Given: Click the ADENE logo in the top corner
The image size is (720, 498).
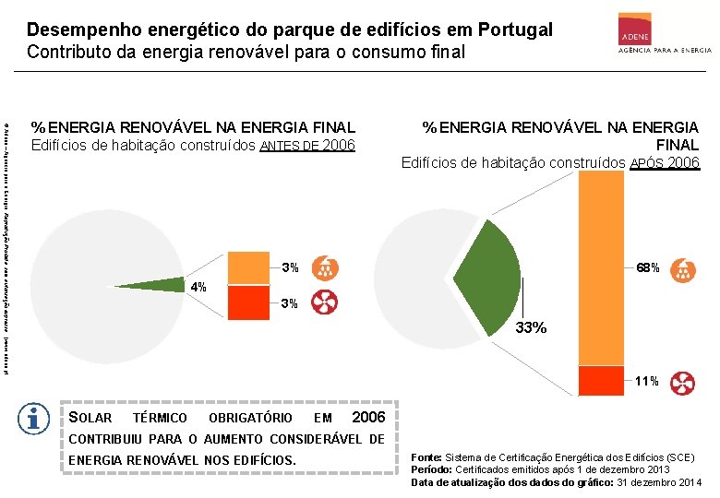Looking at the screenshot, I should [x=658, y=35].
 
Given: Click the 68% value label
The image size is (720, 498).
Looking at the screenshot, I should [x=646, y=268].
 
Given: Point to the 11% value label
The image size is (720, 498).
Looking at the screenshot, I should [x=646, y=381].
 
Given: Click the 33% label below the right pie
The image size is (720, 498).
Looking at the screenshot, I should [x=531, y=327].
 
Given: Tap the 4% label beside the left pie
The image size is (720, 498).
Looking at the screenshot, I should [x=198, y=287].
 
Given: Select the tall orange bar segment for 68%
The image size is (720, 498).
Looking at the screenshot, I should [x=601, y=267].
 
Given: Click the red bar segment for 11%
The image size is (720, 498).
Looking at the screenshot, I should [x=601, y=380].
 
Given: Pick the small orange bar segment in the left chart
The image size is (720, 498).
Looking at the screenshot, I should [x=246, y=268].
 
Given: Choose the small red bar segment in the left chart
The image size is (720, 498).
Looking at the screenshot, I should [x=246, y=302].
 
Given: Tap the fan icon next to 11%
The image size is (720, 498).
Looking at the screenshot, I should [x=684, y=382].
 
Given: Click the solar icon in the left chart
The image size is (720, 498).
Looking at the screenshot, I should [x=325, y=268].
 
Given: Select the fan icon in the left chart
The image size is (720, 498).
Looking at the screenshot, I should [x=325, y=302].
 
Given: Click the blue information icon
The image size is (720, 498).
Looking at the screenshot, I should [x=34, y=419].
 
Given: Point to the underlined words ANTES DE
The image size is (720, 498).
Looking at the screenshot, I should [x=290, y=146].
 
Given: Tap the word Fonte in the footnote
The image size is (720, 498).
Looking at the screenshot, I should [x=426, y=457].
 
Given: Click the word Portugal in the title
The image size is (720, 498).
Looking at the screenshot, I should [x=511, y=30].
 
